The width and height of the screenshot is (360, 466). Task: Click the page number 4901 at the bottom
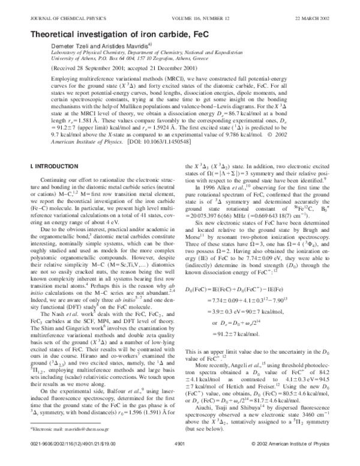[x=179, y=459]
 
